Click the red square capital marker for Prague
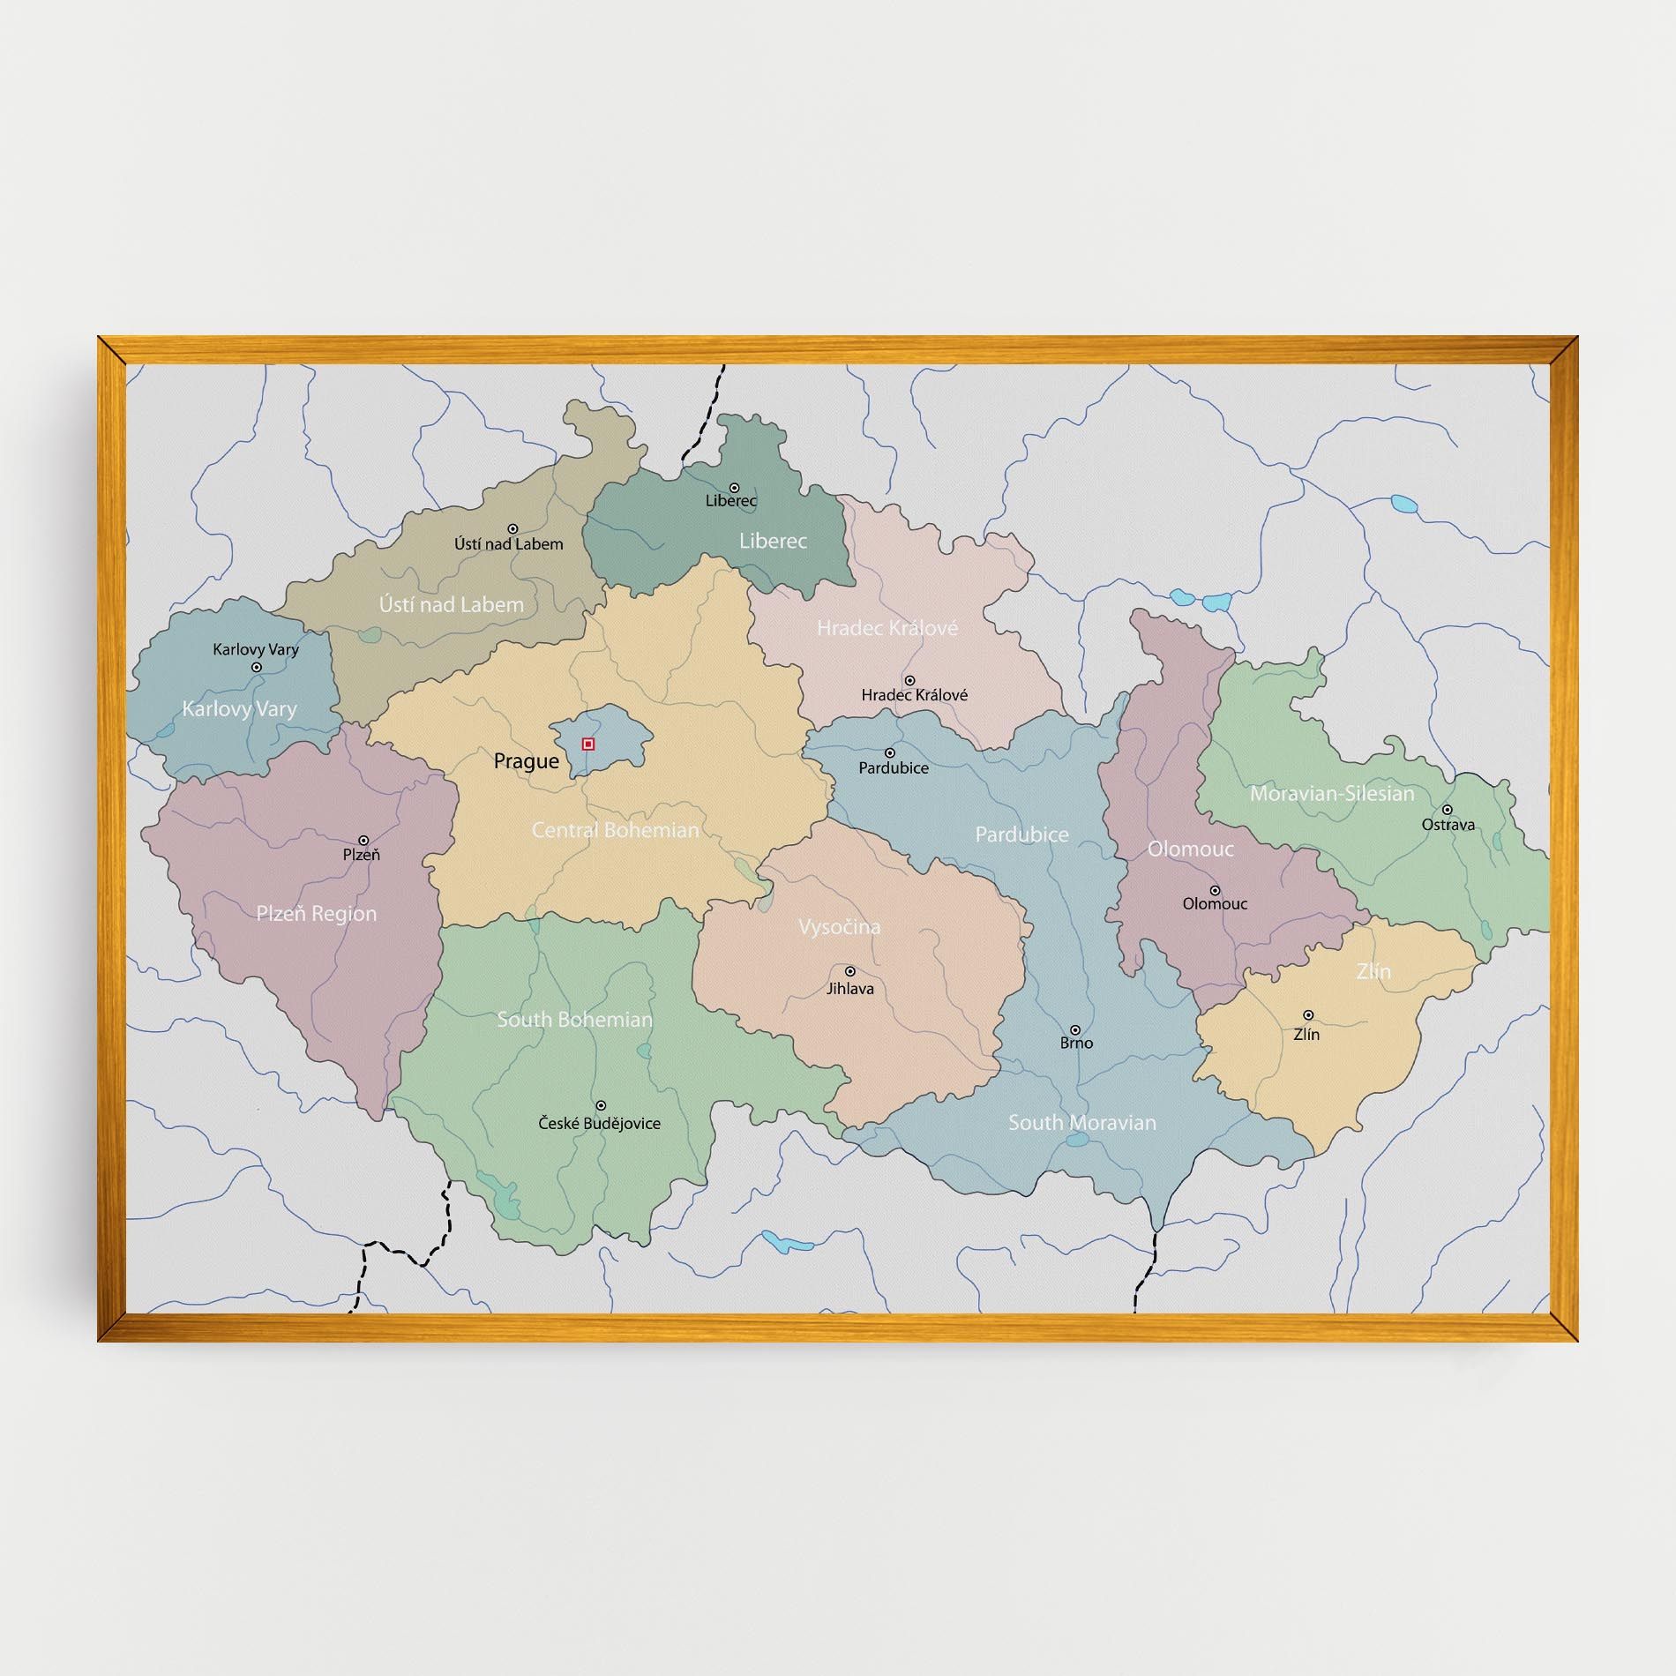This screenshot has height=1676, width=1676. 588,744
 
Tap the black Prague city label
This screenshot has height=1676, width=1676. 526,761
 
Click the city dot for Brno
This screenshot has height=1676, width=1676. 1075,1029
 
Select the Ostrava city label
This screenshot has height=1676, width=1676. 1448,826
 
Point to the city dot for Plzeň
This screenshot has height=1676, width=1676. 363,841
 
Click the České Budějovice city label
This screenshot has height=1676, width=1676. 599,1124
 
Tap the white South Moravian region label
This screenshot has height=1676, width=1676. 1081,1123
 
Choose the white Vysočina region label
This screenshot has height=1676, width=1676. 839,927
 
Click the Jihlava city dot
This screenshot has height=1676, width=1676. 850,972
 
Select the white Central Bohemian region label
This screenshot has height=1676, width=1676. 615,830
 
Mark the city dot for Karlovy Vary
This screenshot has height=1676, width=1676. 257,668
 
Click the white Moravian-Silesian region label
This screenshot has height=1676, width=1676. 1331,794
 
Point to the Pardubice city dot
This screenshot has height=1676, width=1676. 890,753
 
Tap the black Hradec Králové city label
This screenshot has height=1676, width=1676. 914,695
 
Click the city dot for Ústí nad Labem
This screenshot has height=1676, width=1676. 513,529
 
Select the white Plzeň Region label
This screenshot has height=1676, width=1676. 316,914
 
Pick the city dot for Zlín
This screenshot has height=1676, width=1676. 1308,1015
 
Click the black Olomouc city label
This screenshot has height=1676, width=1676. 1215,904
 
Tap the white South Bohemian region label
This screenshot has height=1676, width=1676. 574,1020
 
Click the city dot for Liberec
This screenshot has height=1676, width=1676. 734,488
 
